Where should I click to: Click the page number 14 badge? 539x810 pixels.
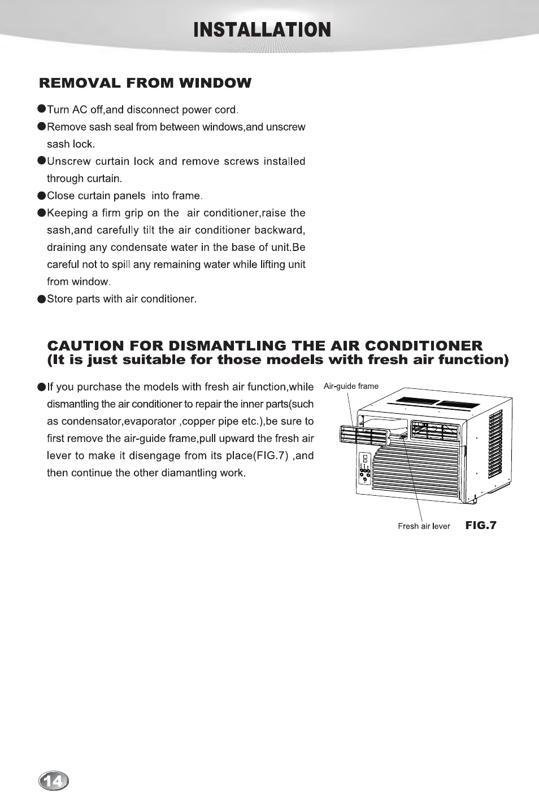(54, 781)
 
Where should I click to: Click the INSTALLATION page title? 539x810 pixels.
(262, 30)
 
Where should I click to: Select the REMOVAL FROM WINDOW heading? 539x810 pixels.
(145, 83)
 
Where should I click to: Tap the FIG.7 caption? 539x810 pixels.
(481, 525)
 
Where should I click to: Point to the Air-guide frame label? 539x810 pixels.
(351, 386)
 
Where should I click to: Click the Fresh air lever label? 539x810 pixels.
(424, 526)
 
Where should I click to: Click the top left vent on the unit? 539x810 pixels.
(417, 401)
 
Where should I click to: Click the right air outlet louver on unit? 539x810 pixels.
(434, 431)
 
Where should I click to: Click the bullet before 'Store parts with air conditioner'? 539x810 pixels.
(41, 299)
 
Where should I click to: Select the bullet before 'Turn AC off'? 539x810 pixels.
(41, 109)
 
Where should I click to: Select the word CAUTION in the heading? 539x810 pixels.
(85, 346)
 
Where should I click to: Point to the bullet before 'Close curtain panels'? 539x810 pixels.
(41, 196)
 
